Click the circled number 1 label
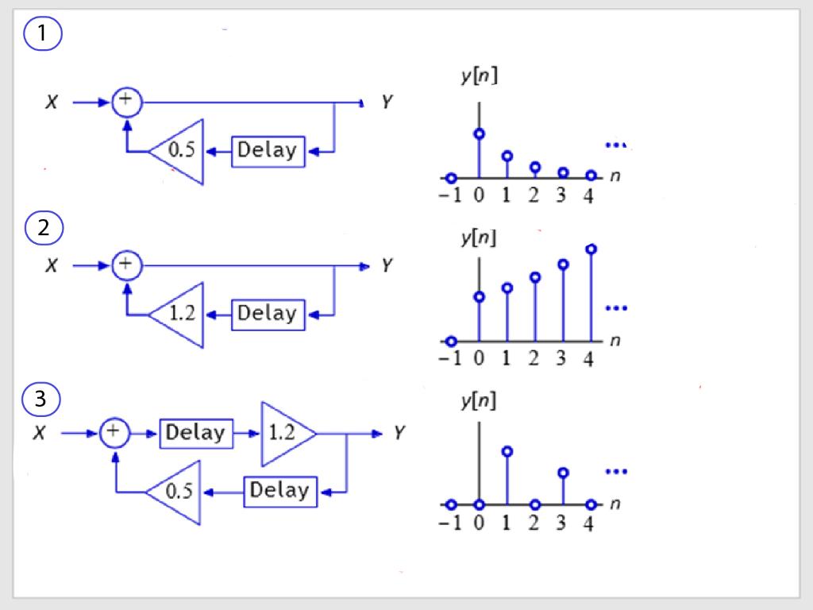43,35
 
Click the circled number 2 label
43,228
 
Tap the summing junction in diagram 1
125,102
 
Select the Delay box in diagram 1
268,151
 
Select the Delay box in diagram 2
268,314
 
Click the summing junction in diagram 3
114,433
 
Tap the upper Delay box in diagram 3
196,434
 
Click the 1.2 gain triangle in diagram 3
285,434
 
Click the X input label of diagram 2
51,266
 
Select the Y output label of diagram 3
400,434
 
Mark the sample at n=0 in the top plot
479,133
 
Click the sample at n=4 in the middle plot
591,249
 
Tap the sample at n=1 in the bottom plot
507,451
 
